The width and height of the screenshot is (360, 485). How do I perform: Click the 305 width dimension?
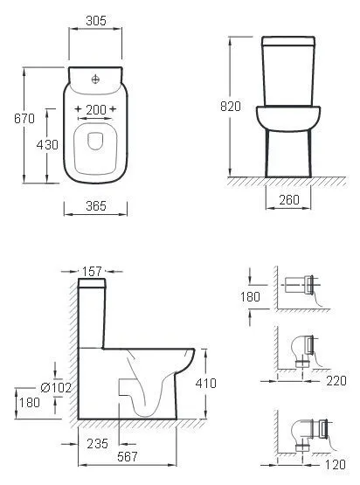coord(96,21)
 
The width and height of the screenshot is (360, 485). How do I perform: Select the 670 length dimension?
coord(24,119)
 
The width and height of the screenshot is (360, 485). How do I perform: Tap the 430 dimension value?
coord(47,144)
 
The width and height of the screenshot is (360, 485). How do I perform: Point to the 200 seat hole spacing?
coord(96,109)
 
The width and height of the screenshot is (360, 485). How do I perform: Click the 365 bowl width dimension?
coord(96,205)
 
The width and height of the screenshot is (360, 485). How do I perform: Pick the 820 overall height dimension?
coord(231,106)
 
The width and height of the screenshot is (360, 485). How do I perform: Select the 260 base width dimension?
coord(289,200)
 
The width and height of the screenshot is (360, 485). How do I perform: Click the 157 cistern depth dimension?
coord(92,271)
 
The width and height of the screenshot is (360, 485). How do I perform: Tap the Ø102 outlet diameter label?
coord(56,387)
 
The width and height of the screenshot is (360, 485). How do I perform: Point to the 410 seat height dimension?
coord(205,384)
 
